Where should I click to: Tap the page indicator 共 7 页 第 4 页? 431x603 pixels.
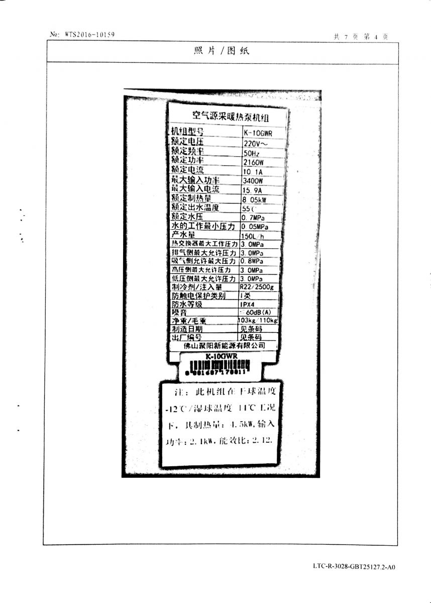tap(361, 37)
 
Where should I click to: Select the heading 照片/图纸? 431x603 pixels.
tap(221, 51)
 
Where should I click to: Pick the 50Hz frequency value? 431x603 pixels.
tap(252, 153)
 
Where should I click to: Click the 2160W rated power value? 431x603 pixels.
tap(253, 162)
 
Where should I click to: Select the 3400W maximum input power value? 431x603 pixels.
tap(253, 181)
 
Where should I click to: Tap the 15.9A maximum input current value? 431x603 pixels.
tap(253, 190)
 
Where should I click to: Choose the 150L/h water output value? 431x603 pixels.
tap(253, 236)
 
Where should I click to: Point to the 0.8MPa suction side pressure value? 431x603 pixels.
tap(252, 261)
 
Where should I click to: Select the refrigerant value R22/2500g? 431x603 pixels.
tap(257, 287)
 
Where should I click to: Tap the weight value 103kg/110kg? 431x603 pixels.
tap(258, 320)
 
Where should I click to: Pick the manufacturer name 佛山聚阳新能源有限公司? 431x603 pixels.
tap(224, 346)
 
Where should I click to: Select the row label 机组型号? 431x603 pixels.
tap(188, 132)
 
